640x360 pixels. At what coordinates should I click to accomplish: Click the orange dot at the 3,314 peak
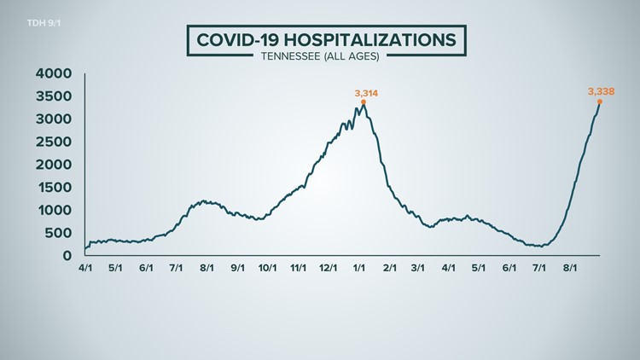click(364, 102)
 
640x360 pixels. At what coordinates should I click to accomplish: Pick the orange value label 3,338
click(601, 90)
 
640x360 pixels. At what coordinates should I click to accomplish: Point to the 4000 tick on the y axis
click(54, 73)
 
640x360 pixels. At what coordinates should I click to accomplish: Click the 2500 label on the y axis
click(54, 142)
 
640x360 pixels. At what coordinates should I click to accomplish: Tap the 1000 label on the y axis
click(54, 210)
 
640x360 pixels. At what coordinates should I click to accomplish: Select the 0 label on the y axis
click(66, 255)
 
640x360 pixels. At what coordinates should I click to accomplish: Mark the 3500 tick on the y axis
click(54, 96)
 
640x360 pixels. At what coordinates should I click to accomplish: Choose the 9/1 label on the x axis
click(237, 267)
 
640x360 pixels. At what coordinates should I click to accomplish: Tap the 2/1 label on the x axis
click(390, 267)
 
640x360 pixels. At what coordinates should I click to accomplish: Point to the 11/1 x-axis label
click(299, 267)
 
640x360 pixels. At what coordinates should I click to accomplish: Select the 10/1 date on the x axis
click(267, 267)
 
